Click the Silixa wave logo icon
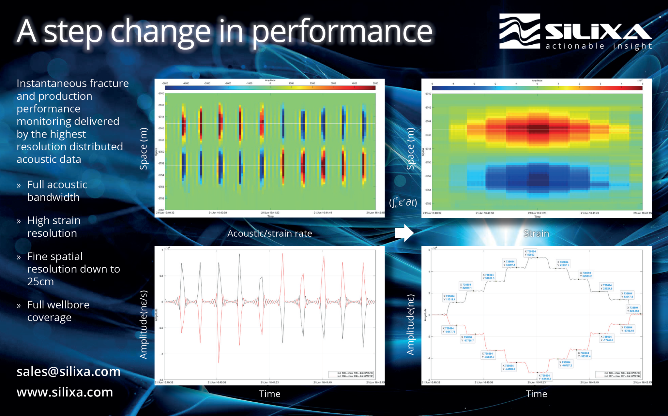519,31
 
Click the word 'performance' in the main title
342,32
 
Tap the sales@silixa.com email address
68,371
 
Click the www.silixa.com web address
65,392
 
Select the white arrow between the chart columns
404,233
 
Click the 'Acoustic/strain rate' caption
269,233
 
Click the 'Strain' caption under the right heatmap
536,233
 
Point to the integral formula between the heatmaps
403,202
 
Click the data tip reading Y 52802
530,253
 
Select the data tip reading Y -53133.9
545,377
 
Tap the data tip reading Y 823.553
633,309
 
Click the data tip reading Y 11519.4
449,298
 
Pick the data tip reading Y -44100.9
509,367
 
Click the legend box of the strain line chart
618,374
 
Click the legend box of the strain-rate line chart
351,374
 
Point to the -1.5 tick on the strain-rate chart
160,380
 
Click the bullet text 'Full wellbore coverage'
58,311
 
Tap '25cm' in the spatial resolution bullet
40,281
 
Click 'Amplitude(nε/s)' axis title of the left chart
144,325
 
